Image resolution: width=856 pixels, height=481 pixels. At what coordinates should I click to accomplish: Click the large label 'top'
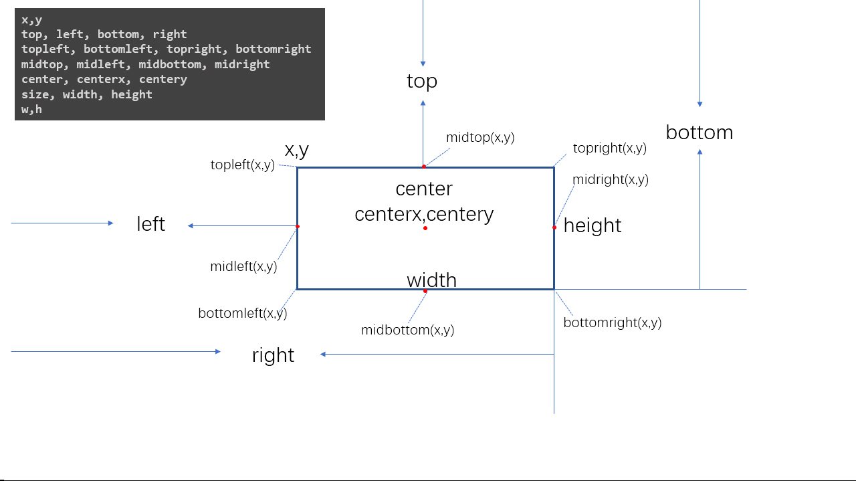point(422,82)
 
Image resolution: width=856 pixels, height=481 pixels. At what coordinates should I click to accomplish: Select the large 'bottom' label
point(700,132)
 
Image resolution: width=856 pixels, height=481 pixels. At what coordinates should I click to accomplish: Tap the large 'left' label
point(150,224)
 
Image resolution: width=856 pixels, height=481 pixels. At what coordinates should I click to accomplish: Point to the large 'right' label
point(273,355)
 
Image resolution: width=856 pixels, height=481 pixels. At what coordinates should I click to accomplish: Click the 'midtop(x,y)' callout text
point(480,138)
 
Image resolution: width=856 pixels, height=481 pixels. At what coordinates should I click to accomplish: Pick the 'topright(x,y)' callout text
point(609,149)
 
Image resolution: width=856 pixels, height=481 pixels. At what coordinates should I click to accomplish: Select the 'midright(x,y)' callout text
point(610,179)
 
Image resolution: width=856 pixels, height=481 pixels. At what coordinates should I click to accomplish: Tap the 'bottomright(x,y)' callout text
point(612,322)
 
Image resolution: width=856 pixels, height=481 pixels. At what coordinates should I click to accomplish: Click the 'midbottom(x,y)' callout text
point(407,330)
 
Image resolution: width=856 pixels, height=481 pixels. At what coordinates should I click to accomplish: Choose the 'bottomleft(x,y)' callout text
point(243,313)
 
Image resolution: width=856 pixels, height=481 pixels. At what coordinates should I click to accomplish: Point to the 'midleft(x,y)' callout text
point(243,266)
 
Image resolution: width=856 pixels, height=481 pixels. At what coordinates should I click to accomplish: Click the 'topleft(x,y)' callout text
point(242,165)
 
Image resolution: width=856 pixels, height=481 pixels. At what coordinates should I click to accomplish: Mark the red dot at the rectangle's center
point(425,228)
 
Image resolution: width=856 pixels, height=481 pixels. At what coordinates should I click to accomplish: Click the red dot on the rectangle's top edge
point(423,167)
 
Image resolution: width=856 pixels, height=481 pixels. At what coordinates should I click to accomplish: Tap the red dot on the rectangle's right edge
point(554,227)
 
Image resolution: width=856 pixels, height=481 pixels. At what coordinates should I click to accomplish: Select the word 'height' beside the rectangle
point(593,226)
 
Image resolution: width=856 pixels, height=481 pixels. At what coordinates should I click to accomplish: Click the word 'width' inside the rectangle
point(431,280)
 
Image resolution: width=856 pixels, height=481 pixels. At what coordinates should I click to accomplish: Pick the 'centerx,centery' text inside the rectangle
point(424,214)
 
